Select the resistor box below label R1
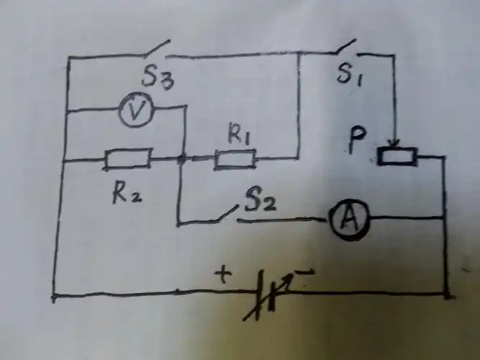pyautogui.click(x=235, y=159)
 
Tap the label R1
pyautogui.click(x=241, y=134)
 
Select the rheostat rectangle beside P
pyautogui.click(x=396, y=155)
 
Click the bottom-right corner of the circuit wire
pyautogui.click(x=446, y=294)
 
